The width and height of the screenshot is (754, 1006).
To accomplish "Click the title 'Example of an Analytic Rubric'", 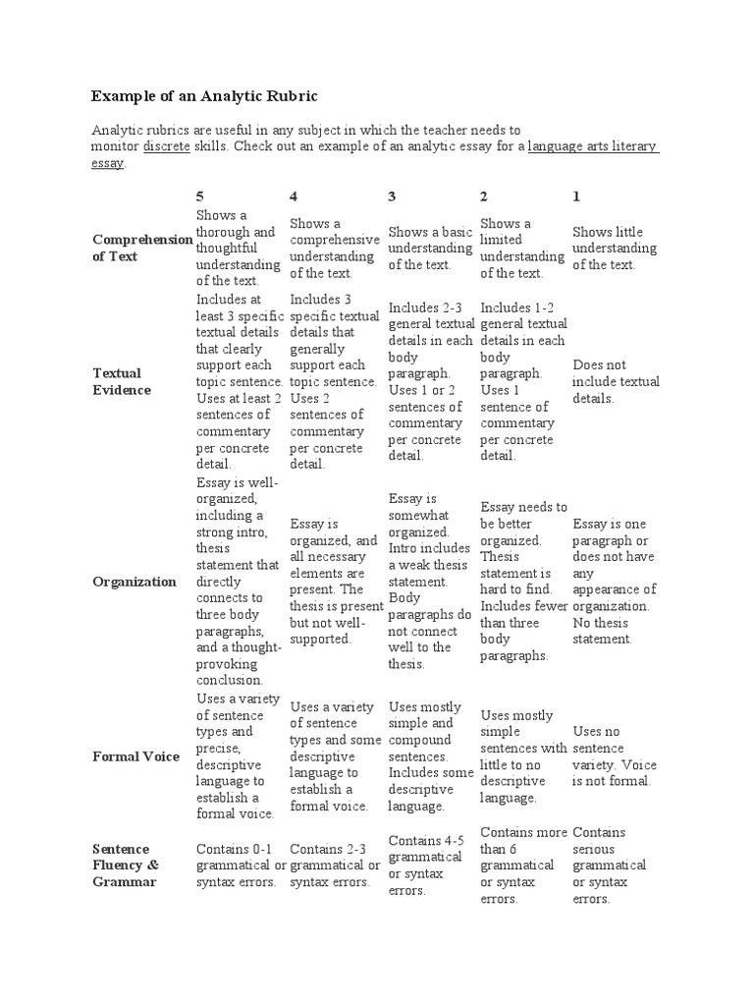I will (x=205, y=96).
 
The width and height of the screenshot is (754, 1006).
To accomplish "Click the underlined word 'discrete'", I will (x=167, y=146).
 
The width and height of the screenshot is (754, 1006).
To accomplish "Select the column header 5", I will (x=200, y=196).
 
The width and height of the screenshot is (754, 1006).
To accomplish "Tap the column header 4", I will (x=295, y=196).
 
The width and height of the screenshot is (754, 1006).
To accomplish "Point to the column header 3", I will (x=393, y=196).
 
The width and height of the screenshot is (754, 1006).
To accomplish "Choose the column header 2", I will (x=484, y=196).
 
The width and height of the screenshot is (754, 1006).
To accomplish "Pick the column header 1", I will (x=576, y=196).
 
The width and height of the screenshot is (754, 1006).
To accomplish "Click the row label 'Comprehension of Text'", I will (x=141, y=248).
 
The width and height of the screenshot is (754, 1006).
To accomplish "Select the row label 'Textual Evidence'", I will (x=122, y=381).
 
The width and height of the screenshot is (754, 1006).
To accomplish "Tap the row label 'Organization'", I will (x=135, y=582).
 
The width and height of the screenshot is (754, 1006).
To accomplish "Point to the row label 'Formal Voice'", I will (x=136, y=756).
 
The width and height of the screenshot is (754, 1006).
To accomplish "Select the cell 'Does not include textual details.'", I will (x=616, y=381).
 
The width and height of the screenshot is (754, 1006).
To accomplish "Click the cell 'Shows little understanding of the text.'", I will (x=609, y=248).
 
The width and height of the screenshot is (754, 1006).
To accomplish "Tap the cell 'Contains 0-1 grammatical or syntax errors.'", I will (x=240, y=866).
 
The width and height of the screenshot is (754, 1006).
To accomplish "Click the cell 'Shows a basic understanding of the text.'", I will (x=430, y=248).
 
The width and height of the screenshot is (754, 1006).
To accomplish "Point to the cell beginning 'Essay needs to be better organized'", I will (x=523, y=581).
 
